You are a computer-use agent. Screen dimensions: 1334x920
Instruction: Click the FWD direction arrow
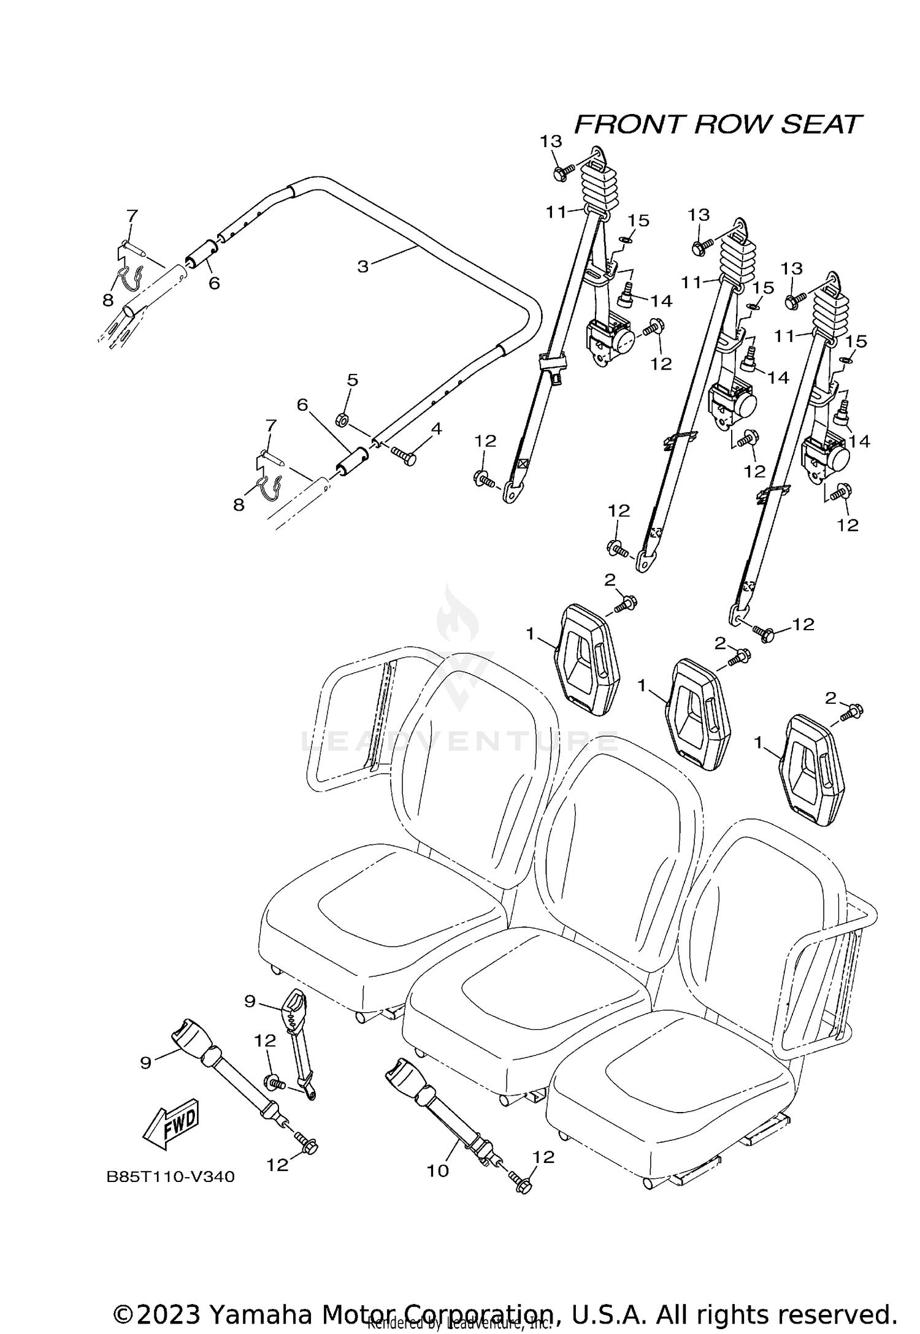point(170,1123)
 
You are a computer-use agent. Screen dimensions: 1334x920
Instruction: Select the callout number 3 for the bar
point(363,267)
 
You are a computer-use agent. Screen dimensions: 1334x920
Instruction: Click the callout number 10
point(438,1170)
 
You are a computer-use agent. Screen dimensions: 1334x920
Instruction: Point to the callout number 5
point(352,380)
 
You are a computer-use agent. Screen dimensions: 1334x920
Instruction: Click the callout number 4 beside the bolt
point(436,429)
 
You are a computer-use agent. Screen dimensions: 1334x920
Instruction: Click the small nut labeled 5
point(343,420)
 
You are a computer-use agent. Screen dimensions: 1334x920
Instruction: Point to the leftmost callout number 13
point(551,142)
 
